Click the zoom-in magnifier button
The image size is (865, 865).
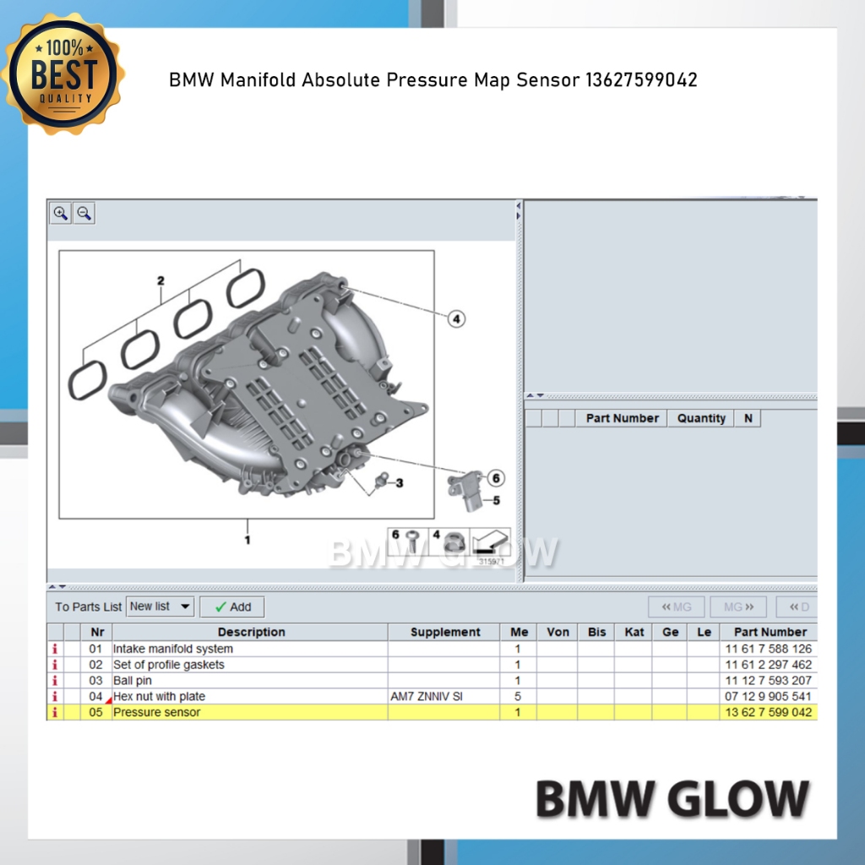61,213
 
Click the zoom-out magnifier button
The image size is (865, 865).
84,213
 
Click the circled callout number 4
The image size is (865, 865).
456,318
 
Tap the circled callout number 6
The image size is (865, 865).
496,478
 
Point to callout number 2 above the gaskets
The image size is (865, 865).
160,280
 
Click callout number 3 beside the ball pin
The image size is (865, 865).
400,483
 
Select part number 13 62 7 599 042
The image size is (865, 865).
768,712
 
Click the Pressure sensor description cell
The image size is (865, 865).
156,712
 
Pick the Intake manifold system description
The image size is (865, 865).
173,649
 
